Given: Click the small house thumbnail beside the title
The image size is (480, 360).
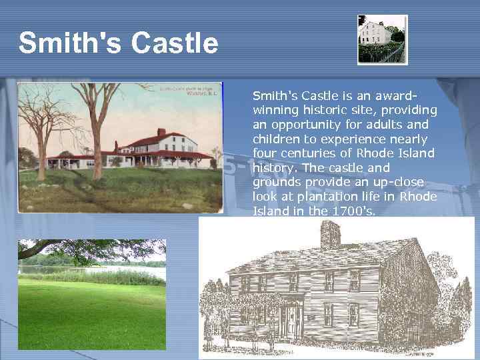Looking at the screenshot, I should pos(381,40).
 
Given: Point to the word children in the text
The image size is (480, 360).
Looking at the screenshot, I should pos(275,139).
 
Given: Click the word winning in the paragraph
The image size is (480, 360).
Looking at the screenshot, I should pos(275,110).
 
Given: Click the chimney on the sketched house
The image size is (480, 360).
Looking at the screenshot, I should pos(330,234).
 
